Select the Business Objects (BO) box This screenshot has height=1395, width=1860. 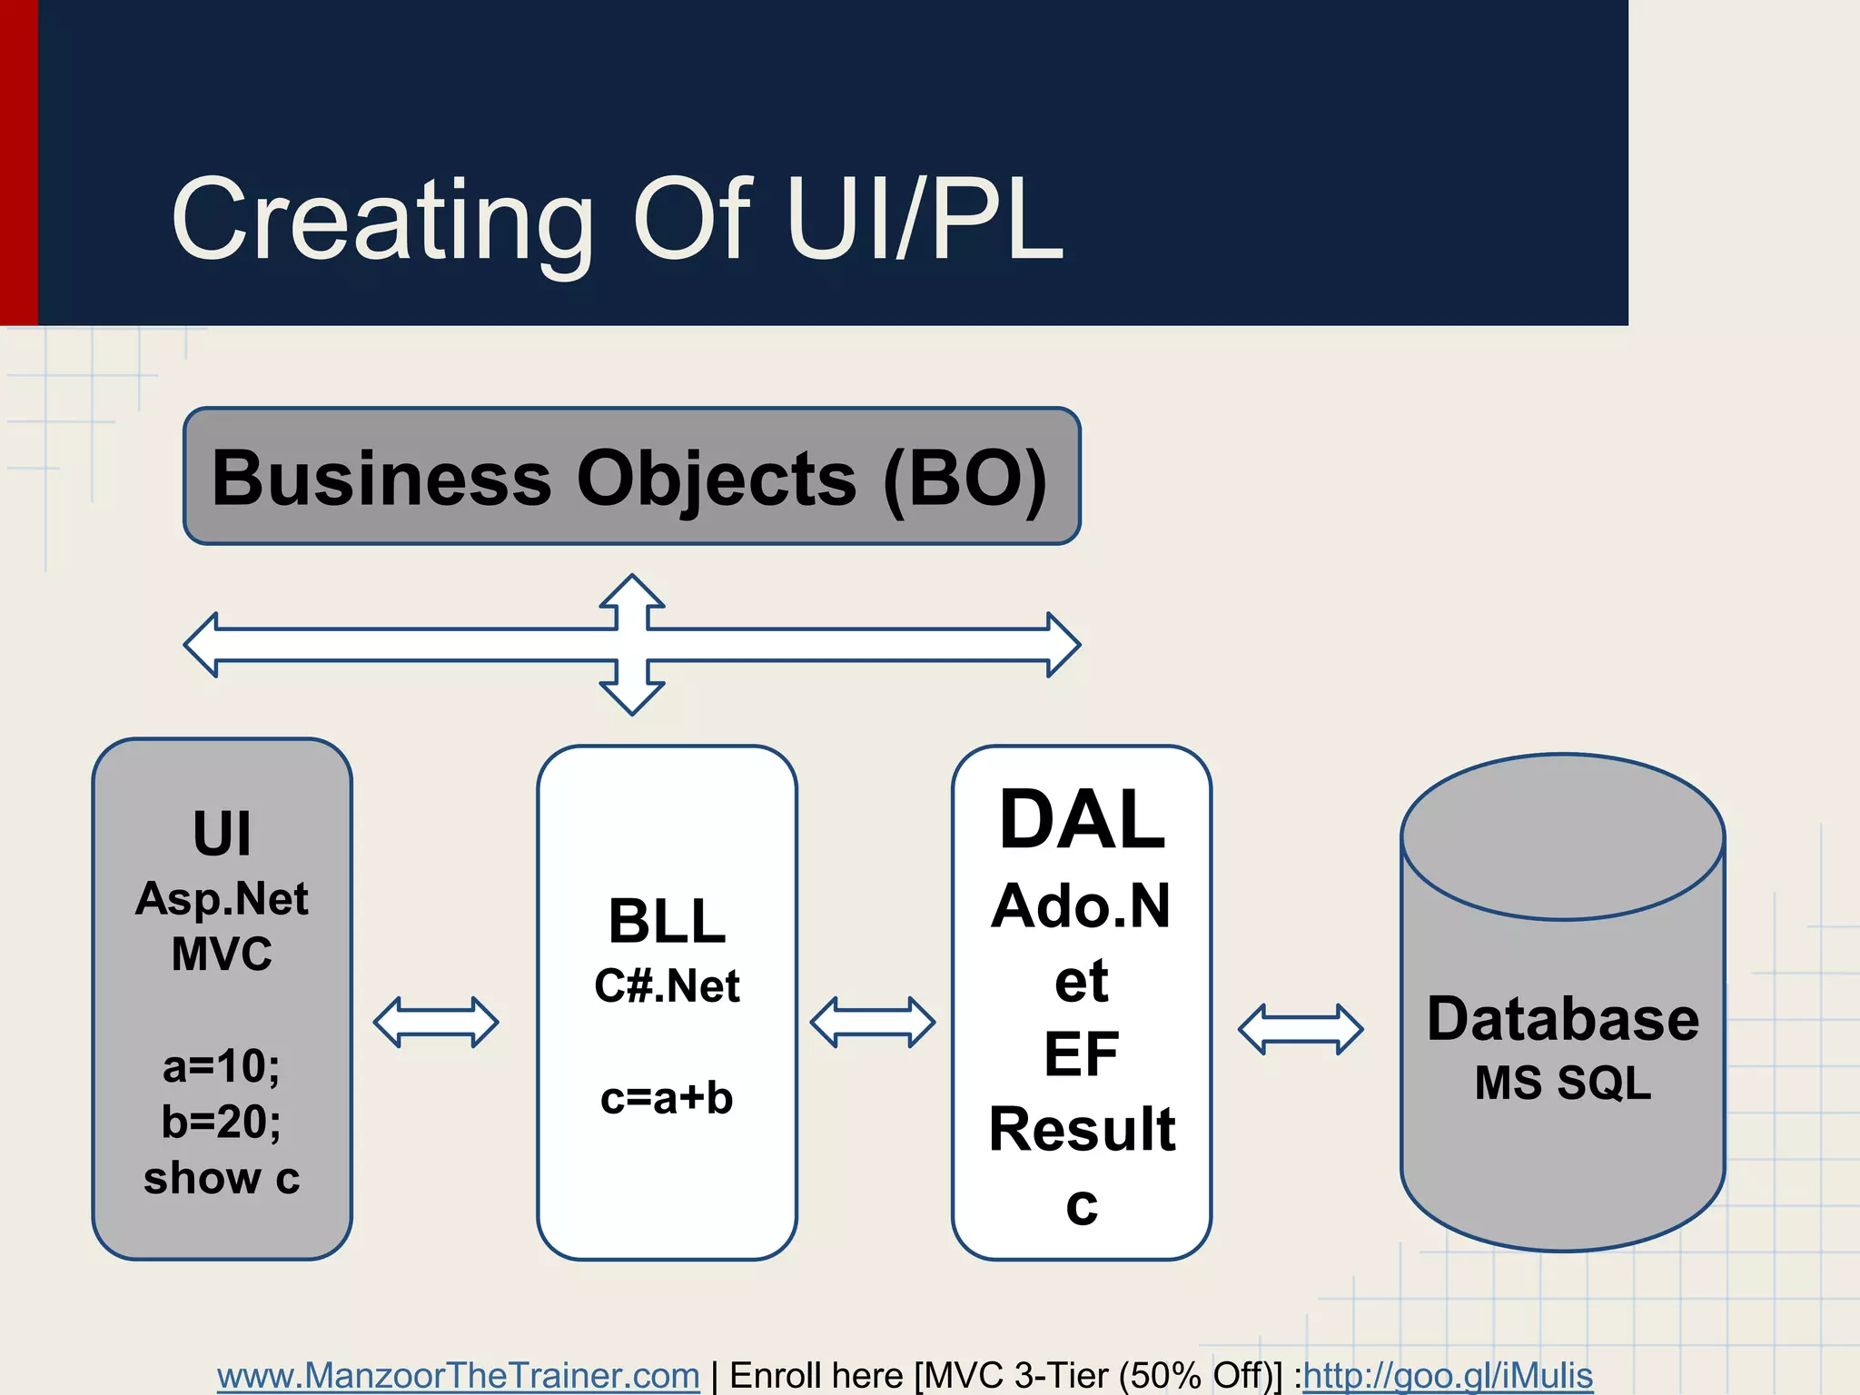631,476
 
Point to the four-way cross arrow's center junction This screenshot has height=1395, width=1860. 632,645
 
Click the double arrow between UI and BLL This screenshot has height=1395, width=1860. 436,1022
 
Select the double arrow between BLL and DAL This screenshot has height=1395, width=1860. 872,1022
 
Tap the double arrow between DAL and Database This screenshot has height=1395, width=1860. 1301,1028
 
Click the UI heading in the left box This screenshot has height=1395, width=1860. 222,833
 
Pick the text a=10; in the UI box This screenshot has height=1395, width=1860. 222,1065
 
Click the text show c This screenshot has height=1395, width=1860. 222,1178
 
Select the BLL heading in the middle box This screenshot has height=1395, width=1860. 667,921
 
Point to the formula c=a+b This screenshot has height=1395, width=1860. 667,1098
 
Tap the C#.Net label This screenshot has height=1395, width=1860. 667,986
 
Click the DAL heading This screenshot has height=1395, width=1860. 1082,819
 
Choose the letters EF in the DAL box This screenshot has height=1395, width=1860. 1081,1054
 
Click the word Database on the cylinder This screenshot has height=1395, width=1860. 1562,1018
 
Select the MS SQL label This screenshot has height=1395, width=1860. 1562,1083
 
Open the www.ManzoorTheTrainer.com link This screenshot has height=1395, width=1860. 458,1375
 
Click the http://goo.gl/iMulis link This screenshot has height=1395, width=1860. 1448,1375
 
